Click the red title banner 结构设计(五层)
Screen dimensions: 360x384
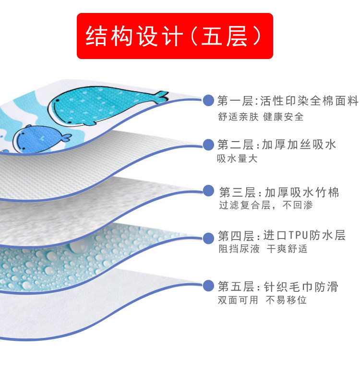coord(175,36)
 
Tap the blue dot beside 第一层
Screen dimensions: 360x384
coord(208,101)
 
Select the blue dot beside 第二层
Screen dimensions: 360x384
coord(208,144)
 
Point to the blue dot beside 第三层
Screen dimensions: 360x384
coord(208,191)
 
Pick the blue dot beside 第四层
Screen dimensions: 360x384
coord(208,238)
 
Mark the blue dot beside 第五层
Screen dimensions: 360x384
coord(208,286)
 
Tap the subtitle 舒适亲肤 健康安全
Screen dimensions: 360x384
coord(261,117)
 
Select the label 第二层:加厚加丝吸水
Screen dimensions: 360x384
coord(276,144)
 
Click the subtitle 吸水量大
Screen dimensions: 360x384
coord(237,159)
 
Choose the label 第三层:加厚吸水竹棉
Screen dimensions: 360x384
coord(279,192)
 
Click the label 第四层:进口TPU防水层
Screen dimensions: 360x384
coord(281,236)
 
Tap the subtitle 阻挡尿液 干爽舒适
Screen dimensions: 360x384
coord(263,249)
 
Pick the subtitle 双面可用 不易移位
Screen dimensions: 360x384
coord(262,300)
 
